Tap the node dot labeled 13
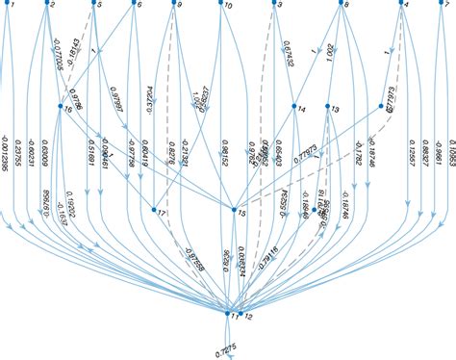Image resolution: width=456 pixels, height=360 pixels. tap(329, 106)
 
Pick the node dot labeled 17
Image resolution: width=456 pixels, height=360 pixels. tap(154, 208)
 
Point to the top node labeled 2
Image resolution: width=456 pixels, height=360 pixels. tap(45, 3)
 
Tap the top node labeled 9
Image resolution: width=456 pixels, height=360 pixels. tap(174, 4)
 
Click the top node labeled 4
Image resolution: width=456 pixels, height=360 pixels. tap(399, 4)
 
